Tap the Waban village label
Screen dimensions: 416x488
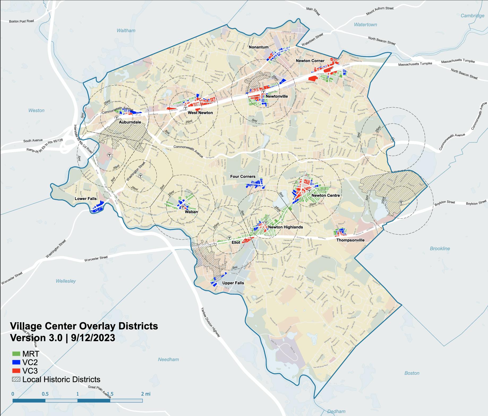[x=191, y=212]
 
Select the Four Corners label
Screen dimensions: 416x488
[x=243, y=176]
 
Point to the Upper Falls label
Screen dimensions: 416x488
[x=233, y=283]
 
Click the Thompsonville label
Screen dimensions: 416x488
[x=350, y=240]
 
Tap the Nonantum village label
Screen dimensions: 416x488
[x=259, y=47]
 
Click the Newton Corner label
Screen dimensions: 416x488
[x=310, y=61]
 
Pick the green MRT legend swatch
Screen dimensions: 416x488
[x=16, y=354]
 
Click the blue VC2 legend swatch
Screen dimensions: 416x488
[x=16, y=362]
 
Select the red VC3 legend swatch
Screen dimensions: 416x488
[x=16, y=371]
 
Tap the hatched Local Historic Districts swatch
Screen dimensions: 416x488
[x=16, y=379]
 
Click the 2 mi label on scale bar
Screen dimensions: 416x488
[x=146, y=394]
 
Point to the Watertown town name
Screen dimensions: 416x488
[x=365, y=25]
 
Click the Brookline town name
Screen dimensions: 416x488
[x=440, y=249]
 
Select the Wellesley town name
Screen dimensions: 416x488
[x=66, y=281]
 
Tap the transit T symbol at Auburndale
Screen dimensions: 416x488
[x=117, y=117]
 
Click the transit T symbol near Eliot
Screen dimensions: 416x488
[x=229, y=238]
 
